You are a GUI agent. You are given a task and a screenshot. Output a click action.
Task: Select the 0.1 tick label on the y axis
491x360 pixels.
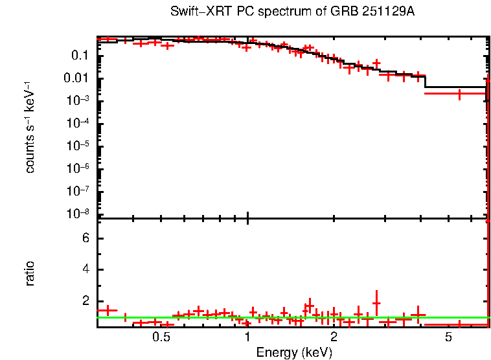pyautogui.click(x=81, y=56)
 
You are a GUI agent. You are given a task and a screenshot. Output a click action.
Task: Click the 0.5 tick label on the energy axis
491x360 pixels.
pyautogui.click(x=161, y=338)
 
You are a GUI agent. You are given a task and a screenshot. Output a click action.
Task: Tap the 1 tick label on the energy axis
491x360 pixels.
pyautogui.click(x=247, y=338)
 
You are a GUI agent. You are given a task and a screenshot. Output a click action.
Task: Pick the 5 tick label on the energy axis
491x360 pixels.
pyautogui.click(x=448, y=338)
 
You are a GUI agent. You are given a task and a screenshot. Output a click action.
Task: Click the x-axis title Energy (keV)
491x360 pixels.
pyautogui.click(x=294, y=352)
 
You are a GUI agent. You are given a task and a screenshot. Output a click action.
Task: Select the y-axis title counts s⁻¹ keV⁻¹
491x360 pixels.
pyautogui.click(x=30, y=127)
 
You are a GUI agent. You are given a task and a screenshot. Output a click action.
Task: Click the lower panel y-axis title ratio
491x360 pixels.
pyautogui.click(x=30, y=274)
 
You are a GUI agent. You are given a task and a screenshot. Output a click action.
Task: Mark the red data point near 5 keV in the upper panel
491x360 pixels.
pyautogui.click(x=459, y=94)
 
